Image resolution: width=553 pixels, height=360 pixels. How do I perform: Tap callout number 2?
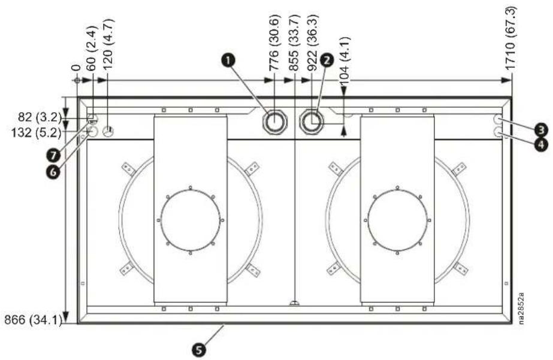click(x=327, y=60)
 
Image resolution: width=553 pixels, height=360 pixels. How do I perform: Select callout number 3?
click(x=541, y=130)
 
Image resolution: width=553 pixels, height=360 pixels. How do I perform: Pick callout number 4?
click(x=541, y=144)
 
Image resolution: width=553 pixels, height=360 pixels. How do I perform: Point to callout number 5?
click(x=199, y=350)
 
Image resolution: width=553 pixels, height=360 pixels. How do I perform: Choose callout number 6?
click(x=53, y=172)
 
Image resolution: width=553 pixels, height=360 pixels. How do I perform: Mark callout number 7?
click(x=53, y=155)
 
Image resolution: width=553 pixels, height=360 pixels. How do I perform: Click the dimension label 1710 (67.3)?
click(x=510, y=39)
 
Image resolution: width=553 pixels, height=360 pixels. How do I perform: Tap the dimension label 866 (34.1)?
click(x=32, y=319)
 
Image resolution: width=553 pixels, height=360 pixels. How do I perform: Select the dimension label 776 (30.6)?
click(x=275, y=43)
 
